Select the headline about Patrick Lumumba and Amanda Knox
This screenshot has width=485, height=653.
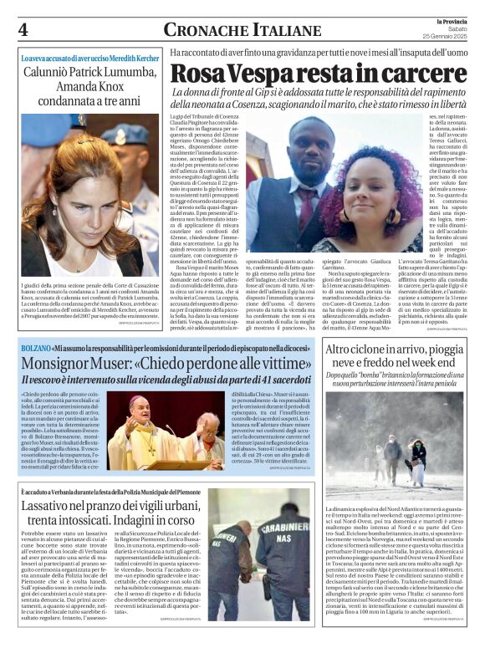(x=86, y=88)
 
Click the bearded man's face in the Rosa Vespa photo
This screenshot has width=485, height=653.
(x=294, y=151)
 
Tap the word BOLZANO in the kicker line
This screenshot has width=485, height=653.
(x=34, y=347)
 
